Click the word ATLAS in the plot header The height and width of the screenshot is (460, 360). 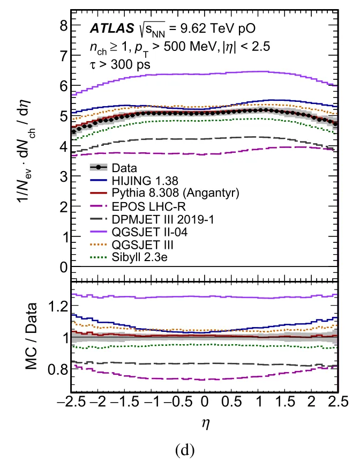112,28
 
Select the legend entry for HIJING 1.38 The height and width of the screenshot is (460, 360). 145,181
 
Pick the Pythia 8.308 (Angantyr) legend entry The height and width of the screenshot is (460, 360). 175,193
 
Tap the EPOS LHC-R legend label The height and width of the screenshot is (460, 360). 148,206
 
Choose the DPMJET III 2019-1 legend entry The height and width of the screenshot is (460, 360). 163,219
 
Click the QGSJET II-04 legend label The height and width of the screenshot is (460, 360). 149,232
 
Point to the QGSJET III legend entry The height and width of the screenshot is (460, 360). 142,244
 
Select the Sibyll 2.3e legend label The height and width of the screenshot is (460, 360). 139,257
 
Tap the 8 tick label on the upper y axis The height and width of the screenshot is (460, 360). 64,26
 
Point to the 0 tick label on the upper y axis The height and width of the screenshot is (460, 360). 64,267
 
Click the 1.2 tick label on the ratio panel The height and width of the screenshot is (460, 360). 58,307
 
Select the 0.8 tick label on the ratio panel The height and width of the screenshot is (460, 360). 58,369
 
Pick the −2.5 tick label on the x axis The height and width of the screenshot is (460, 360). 71,402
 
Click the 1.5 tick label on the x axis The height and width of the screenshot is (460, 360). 285,402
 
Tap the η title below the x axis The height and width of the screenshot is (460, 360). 206,424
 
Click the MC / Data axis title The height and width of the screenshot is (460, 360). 32,336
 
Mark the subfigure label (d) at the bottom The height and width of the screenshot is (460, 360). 185,450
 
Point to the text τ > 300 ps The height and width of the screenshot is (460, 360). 120,64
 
